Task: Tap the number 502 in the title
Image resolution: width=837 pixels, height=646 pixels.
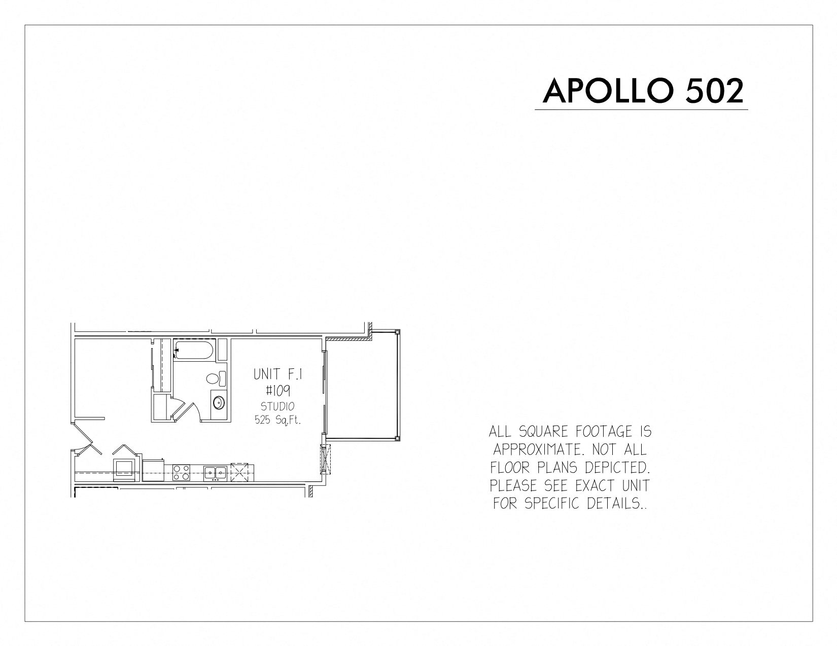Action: pos(714,91)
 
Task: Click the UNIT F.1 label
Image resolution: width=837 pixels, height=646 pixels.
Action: pos(277,374)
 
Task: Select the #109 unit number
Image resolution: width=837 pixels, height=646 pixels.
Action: pos(277,391)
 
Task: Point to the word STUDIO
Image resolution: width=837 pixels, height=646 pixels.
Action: pos(277,406)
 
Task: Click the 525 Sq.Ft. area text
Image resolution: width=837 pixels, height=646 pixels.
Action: pos(277,420)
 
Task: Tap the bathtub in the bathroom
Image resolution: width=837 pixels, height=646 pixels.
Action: pos(194,350)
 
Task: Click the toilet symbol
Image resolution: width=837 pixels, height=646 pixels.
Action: pos(216,378)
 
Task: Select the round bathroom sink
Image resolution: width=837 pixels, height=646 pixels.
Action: pos(219,403)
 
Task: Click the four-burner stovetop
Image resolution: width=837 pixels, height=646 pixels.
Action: pos(181,472)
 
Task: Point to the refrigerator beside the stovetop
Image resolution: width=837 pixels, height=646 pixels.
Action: pos(153,470)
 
